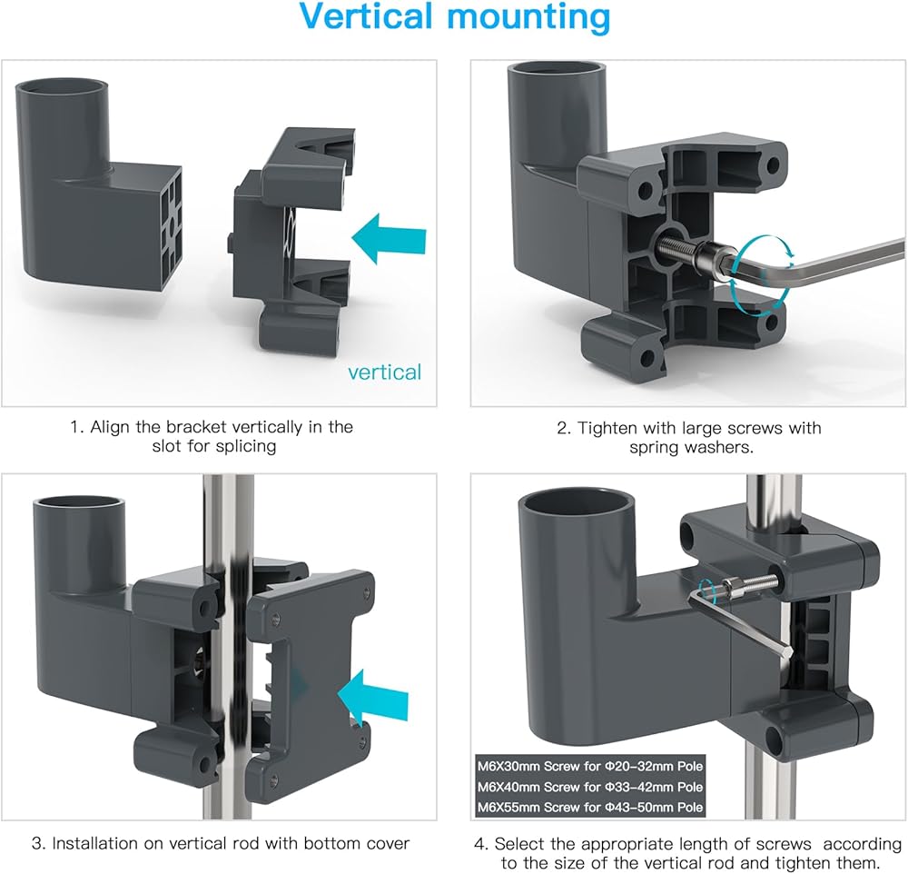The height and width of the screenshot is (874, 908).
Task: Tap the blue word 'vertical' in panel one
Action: coord(385,372)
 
